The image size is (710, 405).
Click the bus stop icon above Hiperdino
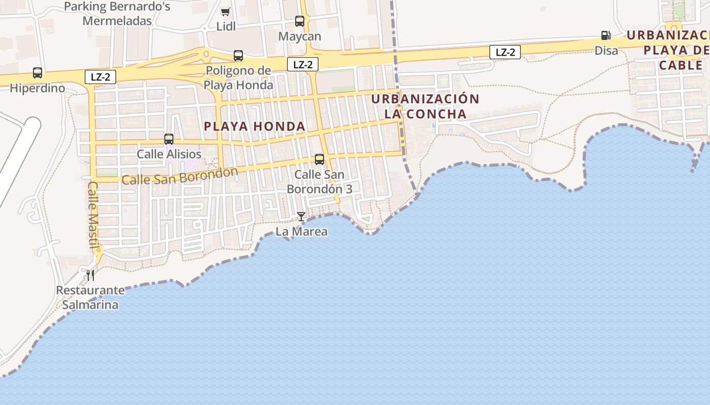click(x=38, y=73)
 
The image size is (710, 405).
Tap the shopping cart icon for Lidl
click(x=226, y=12)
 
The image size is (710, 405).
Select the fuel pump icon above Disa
click(x=606, y=35)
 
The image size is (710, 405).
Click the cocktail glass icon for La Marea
click(x=301, y=217)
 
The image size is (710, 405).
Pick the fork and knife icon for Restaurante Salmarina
click(x=90, y=275)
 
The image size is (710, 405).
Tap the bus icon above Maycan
click(x=300, y=21)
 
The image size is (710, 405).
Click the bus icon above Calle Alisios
click(x=169, y=139)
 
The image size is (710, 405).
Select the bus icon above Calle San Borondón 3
click(x=319, y=159)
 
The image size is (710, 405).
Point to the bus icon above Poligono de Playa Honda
click(x=238, y=56)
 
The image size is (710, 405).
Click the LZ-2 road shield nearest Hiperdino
click(x=100, y=77)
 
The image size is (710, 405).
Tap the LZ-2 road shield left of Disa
click(x=505, y=52)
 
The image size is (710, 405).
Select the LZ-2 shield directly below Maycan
click(x=303, y=64)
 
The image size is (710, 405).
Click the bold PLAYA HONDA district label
click(x=255, y=127)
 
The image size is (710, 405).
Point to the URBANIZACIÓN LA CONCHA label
click(x=425, y=106)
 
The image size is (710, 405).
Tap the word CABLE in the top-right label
click(x=681, y=65)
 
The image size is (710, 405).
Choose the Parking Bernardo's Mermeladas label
click(x=117, y=14)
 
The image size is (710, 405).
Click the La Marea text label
click(x=301, y=232)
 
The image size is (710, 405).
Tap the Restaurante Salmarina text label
click(x=90, y=298)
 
